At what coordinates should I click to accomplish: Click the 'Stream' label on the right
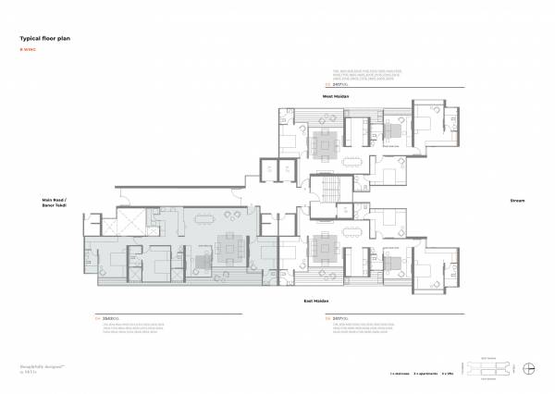[x=517, y=200]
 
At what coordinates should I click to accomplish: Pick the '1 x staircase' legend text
[x=401, y=374]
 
